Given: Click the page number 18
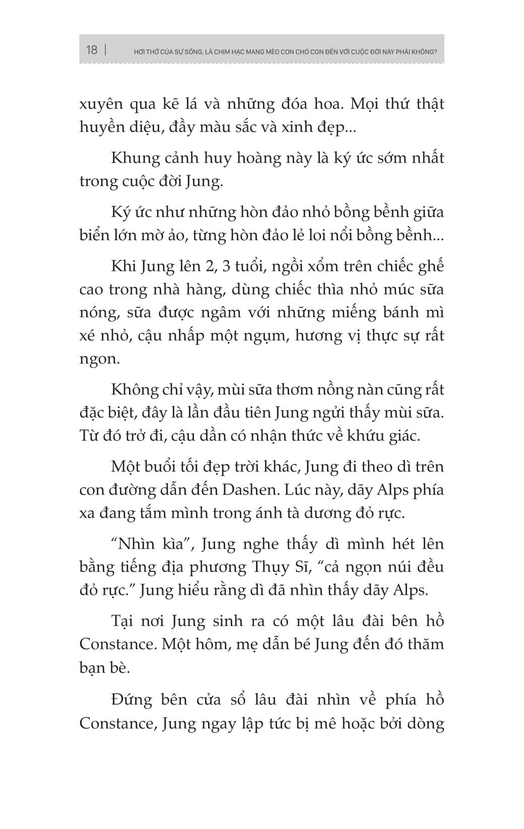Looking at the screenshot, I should pyautogui.click(x=92, y=50).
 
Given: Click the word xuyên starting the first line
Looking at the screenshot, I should pyautogui.click(x=101, y=104).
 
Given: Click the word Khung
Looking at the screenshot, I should pyautogui.click(x=135, y=158).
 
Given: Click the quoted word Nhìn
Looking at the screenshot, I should pyautogui.click(x=136, y=544).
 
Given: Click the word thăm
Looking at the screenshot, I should pyautogui.click(x=422, y=644).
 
